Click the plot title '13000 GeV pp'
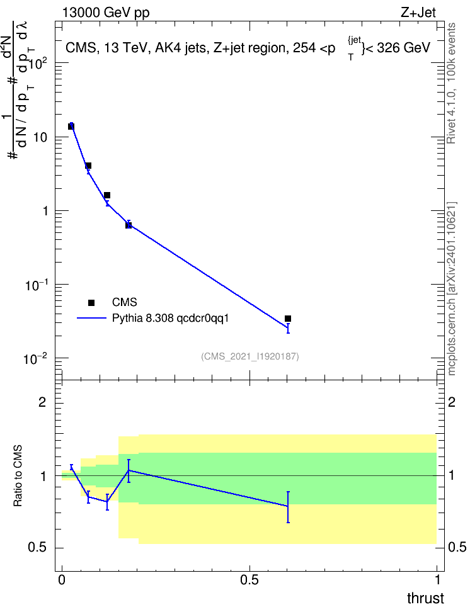tap(106, 13)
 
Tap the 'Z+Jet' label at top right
tap(418, 13)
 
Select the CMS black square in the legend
tap(91, 303)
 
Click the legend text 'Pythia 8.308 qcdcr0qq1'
tap(170, 319)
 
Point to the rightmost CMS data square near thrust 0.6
tap(288, 319)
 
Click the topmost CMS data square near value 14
tap(71, 127)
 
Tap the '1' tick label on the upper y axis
tap(46, 211)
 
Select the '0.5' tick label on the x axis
tap(249, 580)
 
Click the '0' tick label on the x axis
tap(62, 580)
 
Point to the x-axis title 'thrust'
tap(425, 598)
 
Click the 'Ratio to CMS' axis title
tap(18, 476)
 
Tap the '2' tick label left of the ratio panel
tap(42, 402)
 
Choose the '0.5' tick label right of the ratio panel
tap(457, 547)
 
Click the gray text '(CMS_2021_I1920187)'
tap(250, 356)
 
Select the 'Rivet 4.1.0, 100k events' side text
tap(451, 83)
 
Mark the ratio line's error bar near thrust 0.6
tap(288, 507)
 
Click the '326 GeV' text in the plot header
tap(403, 48)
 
